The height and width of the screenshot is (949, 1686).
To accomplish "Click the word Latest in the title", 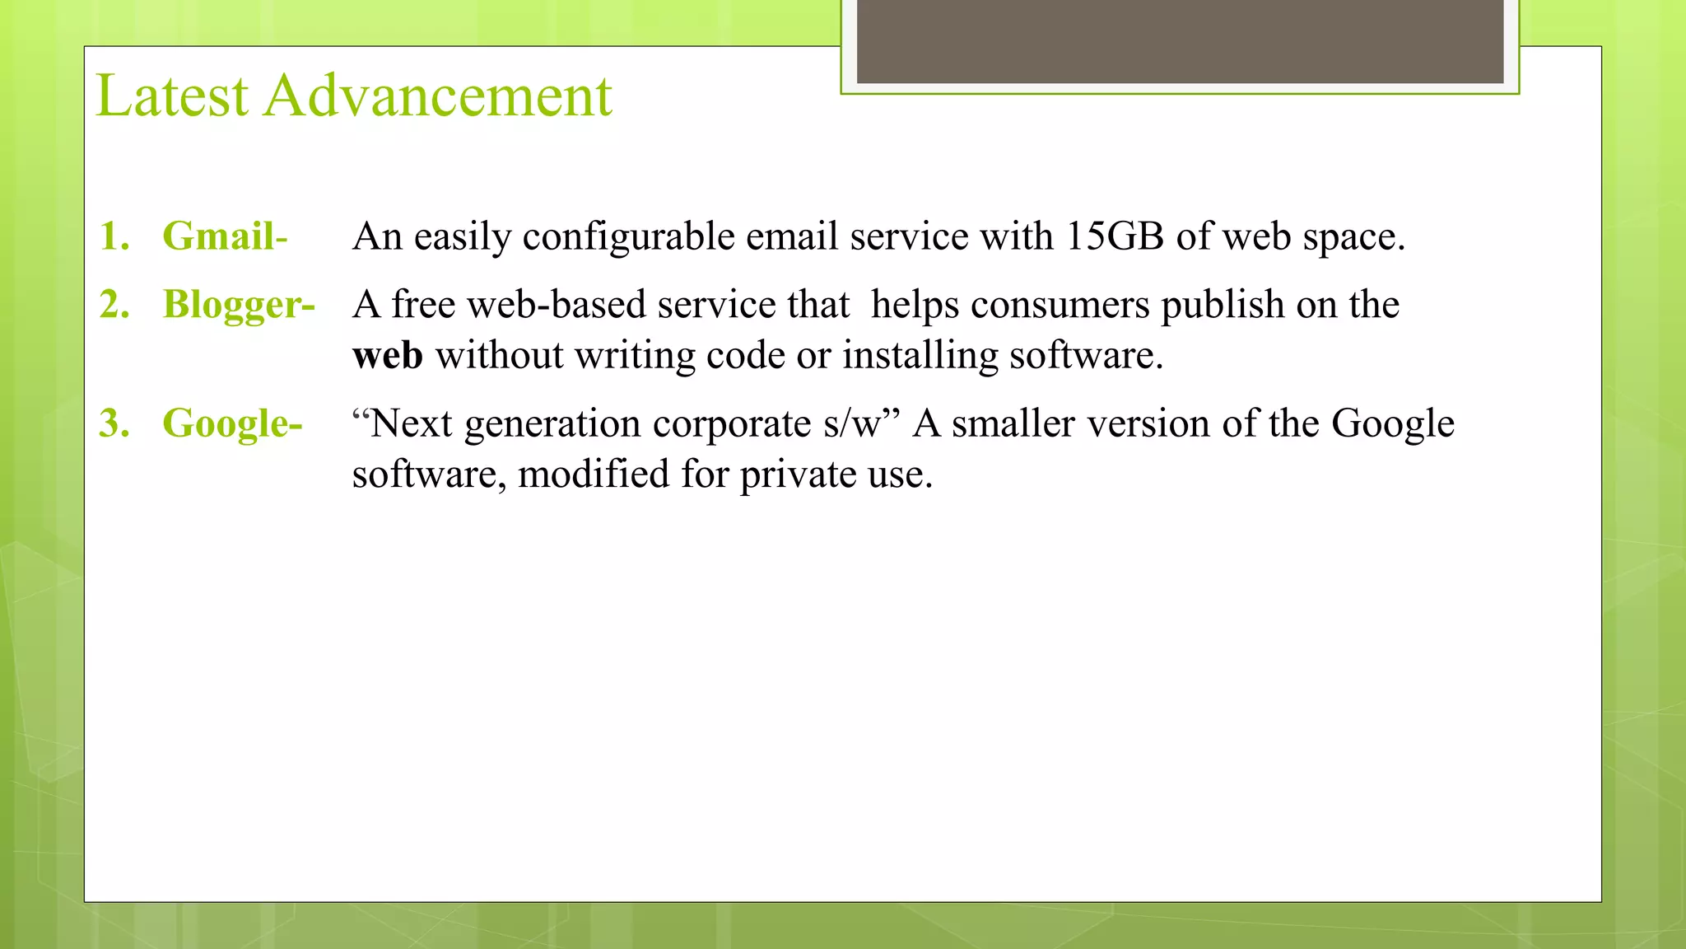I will point(172,96).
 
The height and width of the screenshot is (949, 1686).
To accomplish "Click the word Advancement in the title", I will point(438,96).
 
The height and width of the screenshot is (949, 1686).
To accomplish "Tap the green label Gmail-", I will point(225,236).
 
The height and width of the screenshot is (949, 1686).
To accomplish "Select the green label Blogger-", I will point(239,305).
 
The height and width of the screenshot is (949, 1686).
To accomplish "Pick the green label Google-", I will point(232,424).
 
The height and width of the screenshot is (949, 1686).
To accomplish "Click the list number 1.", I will point(114,236).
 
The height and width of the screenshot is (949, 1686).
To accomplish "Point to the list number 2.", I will point(114,305).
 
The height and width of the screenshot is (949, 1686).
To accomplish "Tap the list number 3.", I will point(114,424).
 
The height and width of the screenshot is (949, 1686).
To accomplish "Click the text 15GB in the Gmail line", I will point(1115,236).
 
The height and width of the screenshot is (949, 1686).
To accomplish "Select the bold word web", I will point(387,356).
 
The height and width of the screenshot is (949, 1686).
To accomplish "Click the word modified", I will point(593,475).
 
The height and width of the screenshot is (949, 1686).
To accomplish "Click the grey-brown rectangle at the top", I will point(1180,41).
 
